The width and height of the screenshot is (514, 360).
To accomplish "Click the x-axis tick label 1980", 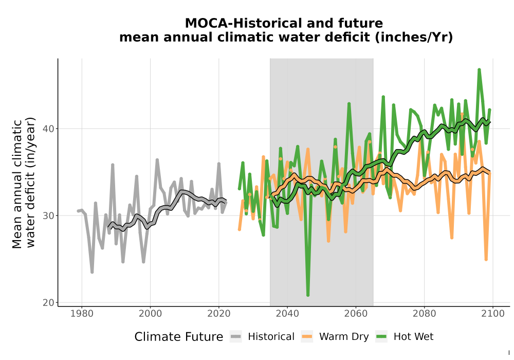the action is pos(82,314).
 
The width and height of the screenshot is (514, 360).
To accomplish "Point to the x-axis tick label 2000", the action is pos(150,314).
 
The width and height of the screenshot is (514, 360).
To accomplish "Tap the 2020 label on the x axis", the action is pos(218,314).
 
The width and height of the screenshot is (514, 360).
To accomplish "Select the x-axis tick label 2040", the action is pos(287,314).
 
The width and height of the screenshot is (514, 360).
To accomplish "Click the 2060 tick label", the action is pos(356,314).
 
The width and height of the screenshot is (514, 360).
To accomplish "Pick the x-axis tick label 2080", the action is pos(424,314).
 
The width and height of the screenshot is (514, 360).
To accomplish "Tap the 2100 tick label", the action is pos(493,314).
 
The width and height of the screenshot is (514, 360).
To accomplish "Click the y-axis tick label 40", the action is pos(48,129).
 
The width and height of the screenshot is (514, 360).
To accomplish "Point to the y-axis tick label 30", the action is pos(48,215).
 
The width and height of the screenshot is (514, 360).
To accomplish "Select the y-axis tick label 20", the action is pos(48,302).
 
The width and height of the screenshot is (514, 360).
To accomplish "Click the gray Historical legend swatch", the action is pos(236,337).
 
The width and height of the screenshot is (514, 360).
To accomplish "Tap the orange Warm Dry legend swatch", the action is pos(307,337).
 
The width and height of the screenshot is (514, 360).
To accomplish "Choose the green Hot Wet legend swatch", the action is pos(381,337).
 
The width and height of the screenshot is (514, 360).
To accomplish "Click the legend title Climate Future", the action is pos(179,337).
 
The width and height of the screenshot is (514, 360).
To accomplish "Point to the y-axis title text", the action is pos(23,183).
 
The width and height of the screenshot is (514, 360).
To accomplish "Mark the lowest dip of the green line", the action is pos(308,295).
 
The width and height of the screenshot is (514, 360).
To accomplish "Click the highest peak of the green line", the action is pos(479,70).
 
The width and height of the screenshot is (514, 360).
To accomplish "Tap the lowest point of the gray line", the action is pos(92,272).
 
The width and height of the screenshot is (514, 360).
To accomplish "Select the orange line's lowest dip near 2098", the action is pos(486,259).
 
